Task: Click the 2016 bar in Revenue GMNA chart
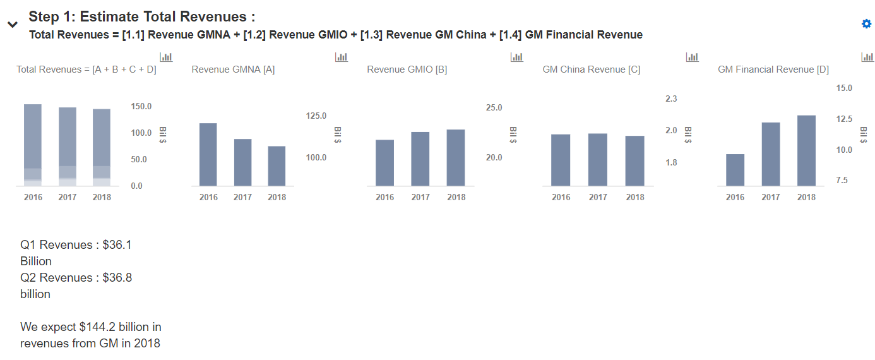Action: [x=208, y=154]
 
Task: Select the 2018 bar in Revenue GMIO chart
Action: [x=456, y=157]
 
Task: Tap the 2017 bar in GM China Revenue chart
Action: [x=598, y=159]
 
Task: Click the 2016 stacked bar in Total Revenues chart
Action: [x=33, y=145]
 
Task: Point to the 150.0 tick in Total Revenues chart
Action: [x=141, y=106]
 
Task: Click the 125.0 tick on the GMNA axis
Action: [x=316, y=116]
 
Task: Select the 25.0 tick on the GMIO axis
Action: [x=494, y=107]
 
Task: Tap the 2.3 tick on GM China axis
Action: [x=671, y=99]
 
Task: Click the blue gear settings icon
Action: [x=866, y=24]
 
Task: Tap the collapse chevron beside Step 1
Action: [x=13, y=25]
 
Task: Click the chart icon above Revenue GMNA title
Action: [x=342, y=57]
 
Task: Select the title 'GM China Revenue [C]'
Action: [x=591, y=69]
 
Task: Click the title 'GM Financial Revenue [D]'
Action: [x=773, y=69]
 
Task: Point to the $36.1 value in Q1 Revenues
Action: [x=117, y=245]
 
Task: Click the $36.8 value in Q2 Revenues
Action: [x=117, y=278]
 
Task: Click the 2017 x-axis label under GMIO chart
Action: [x=420, y=197]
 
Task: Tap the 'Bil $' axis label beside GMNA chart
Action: [x=338, y=134]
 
